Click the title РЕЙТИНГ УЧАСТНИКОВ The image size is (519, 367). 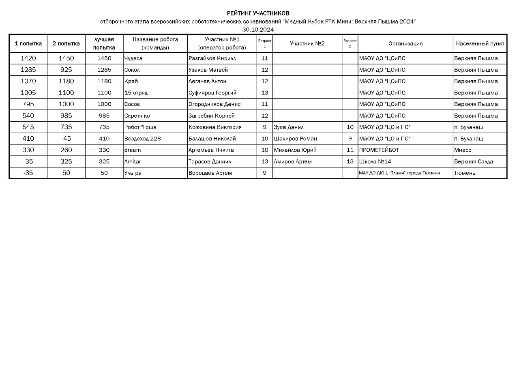click(258, 13)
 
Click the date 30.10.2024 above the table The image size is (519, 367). click(258, 30)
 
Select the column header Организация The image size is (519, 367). click(405, 43)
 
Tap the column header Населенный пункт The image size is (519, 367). click(480, 43)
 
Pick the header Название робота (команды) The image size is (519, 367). click(155, 43)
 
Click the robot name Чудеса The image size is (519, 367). click(133, 58)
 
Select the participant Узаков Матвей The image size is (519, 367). click(208, 70)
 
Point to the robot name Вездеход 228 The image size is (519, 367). click(143, 139)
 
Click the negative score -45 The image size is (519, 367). click(66, 139)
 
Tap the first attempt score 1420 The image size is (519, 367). click(28, 58)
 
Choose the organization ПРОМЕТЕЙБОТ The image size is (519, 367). click(379, 150)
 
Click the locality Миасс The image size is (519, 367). click(463, 150)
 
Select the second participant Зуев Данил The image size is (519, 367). click(289, 127)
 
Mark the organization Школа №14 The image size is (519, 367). click(375, 161)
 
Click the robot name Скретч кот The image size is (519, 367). click(138, 116)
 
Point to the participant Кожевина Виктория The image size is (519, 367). click(215, 127)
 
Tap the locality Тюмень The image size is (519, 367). click(465, 173)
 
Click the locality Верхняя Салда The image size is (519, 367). click(474, 161)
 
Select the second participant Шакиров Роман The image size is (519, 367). click(295, 139)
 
